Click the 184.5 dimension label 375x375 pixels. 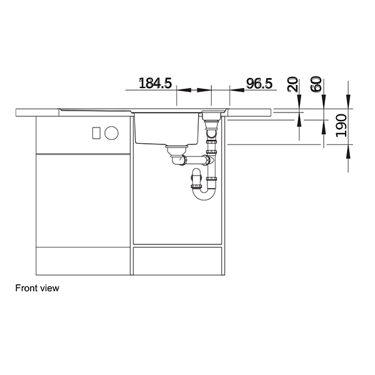tap(154, 83)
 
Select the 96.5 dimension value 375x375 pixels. tap(259, 83)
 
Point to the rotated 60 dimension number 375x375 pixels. tap(316, 84)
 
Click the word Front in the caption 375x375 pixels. tap(26, 289)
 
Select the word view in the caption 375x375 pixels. tap(49, 289)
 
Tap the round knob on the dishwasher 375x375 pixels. tap(112, 132)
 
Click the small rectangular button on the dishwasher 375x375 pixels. tap(96, 132)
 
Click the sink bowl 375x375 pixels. tap(165, 128)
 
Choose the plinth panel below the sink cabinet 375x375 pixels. tap(179, 261)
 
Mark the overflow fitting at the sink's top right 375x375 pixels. tap(213, 116)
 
